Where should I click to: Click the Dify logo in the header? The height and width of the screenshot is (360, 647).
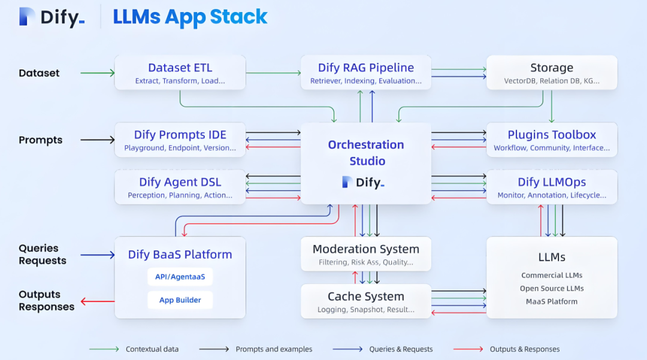[x=52, y=17]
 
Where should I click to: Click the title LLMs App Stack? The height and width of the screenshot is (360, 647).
[x=190, y=17]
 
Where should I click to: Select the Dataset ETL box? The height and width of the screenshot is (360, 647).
[x=180, y=72]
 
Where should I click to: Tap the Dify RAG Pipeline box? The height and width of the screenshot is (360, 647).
[x=365, y=72]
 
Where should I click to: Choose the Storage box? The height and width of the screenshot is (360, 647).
[x=551, y=72]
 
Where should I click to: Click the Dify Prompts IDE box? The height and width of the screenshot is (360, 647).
[x=180, y=140]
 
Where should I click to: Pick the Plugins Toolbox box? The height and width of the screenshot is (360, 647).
[x=551, y=140]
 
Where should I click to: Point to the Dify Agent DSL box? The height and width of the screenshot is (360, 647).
[x=180, y=187]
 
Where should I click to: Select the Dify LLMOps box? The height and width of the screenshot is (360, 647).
[x=551, y=187]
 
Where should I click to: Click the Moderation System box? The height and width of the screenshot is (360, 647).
[x=365, y=254]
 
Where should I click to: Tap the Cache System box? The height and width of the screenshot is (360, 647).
[x=365, y=301]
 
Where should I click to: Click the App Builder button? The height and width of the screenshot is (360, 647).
[x=180, y=300]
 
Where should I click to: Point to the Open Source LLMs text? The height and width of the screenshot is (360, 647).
[x=552, y=288]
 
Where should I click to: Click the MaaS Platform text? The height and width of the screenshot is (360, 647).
[x=552, y=301]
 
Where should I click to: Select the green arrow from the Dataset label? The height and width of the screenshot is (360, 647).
[x=97, y=73]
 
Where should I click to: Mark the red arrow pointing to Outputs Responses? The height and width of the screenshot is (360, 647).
[x=97, y=301]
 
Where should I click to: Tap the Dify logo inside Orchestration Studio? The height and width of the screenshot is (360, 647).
[x=363, y=183]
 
